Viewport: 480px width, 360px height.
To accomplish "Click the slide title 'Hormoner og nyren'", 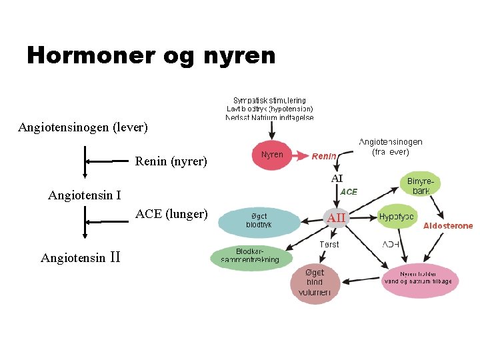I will pyautogui.click(x=151, y=55).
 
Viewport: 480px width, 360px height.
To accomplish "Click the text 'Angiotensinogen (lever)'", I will pyautogui.click(x=83, y=127).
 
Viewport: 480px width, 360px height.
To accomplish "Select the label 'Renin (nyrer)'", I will pyautogui.click(x=171, y=161).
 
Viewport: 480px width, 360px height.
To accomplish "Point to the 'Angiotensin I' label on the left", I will pyautogui.click(x=84, y=195).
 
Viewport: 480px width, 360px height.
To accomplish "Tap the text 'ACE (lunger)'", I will pyautogui.click(x=171, y=214).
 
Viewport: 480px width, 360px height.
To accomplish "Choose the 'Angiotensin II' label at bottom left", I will pyautogui.click(x=80, y=257).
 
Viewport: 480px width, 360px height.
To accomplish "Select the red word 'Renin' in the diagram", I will pyautogui.click(x=324, y=156).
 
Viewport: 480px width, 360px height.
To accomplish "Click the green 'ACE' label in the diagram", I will pyautogui.click(x=349, y=191).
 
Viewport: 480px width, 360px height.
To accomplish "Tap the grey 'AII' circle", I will pyautogui.click(x=336, y=217).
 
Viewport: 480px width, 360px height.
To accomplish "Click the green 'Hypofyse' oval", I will pyautogui.click(x=396, y=217).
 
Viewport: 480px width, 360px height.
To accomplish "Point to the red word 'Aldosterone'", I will pyautogui.click(x=448, y=226).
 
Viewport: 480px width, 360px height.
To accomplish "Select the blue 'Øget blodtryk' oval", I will pyautogui.click(x=259, y=221).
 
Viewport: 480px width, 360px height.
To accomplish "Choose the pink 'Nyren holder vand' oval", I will pyautogui.click(x=417, y=278).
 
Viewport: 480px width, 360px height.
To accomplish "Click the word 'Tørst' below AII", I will pyautogui.click(x=329, y=245).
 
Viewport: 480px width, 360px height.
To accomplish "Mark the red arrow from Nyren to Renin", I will pyautogui.click(x=299, y=155).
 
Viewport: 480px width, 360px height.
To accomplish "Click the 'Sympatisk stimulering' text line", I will pyautogui.click(x=269, y=100).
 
